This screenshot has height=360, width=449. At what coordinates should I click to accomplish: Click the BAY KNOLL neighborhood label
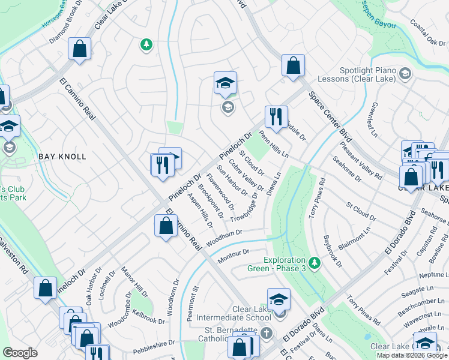(62, 156)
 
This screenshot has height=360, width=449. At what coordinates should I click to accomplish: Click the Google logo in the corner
(20, 352)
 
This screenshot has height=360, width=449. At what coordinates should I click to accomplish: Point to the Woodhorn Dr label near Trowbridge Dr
(224, 238)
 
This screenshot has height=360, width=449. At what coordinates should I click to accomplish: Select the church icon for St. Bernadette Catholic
(267, 332)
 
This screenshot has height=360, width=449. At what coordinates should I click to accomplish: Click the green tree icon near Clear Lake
(145, 44)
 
